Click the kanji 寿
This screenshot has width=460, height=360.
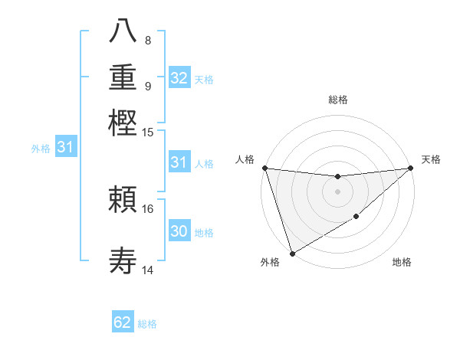click(123, 260)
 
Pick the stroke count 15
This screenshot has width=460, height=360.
click(148, 133)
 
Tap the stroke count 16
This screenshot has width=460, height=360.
click(148, 208)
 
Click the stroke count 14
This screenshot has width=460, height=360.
click(148, 270)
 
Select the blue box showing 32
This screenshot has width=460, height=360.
click(179, 78)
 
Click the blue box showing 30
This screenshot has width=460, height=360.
click(179, 231)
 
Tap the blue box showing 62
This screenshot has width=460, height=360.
click(123, 322)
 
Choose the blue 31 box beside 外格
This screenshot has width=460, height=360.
click(65, 148)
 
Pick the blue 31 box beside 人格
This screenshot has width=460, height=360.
click(179, 162)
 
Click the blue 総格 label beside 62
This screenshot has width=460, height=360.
click(147, 324)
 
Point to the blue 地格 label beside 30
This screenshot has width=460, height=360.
click(204, 233)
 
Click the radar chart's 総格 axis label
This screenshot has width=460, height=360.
click(337, 100)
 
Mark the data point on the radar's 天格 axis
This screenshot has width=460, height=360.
click(411, 168)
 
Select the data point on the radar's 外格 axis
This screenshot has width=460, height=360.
click(292, 254)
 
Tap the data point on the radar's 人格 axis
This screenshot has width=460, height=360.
click(264, 168)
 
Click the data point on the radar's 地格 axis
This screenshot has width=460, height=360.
click(356, 218)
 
